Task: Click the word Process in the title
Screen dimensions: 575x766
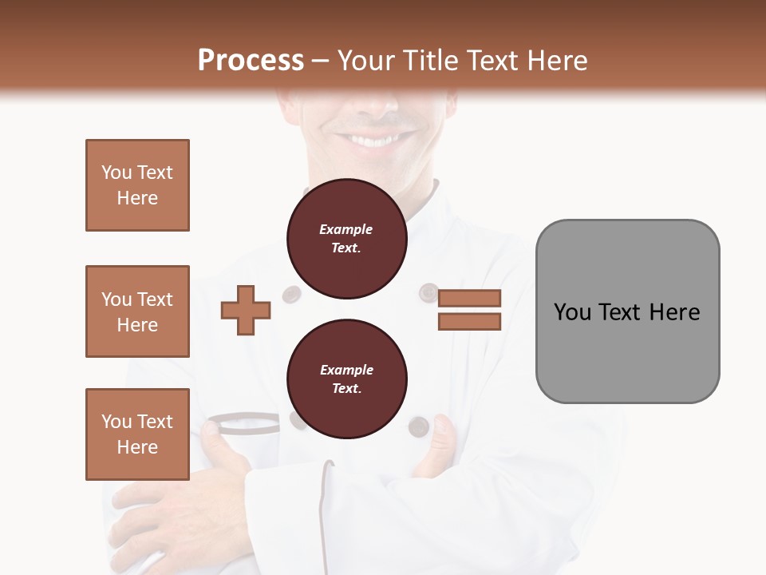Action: pos(251,61)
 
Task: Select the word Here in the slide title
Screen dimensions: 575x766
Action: pos(555,61)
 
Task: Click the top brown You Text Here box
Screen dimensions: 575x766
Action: pos(137,185)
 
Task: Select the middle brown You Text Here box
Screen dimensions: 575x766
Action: pos(137,311)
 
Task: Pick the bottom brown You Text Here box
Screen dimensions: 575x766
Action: pos(137,434)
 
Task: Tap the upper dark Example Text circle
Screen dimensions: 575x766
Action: pos(346,239)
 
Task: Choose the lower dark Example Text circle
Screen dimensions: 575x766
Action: pos(346,379)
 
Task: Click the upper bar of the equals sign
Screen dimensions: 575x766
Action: pos(469,298)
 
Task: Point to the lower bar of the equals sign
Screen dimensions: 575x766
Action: pos(469,322)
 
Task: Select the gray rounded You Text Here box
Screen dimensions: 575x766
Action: pos(627,311)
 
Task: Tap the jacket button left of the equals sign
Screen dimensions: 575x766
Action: pos(428,292)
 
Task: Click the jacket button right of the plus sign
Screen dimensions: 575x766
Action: pos(291,294)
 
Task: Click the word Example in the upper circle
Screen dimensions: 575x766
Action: pos(346,229)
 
